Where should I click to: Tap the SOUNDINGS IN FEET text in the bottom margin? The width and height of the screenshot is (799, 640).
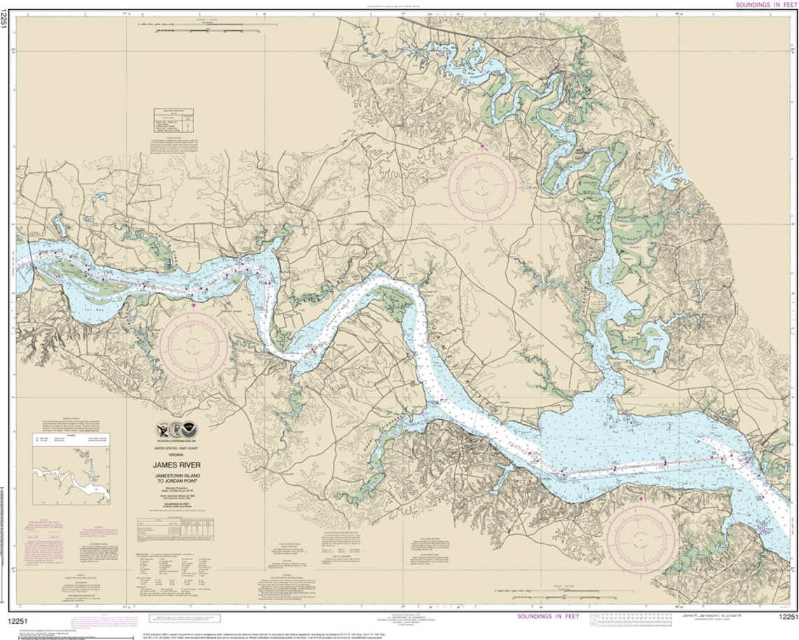click(x=548, y=616)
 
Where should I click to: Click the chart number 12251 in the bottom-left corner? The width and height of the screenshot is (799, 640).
click(x=19, y=616)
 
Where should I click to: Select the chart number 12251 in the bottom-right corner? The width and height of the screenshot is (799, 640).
click(x=788, y=616)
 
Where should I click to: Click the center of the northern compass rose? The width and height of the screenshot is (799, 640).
click(x=482, y=187)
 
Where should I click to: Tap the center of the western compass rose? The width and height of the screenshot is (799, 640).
click(x=193, y=346)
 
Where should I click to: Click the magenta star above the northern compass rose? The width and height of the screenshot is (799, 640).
click(x=482, y=146)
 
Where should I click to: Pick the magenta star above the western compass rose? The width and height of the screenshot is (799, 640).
click(x=193, y=304)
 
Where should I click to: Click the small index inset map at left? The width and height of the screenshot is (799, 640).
click(x=71, y=475)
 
